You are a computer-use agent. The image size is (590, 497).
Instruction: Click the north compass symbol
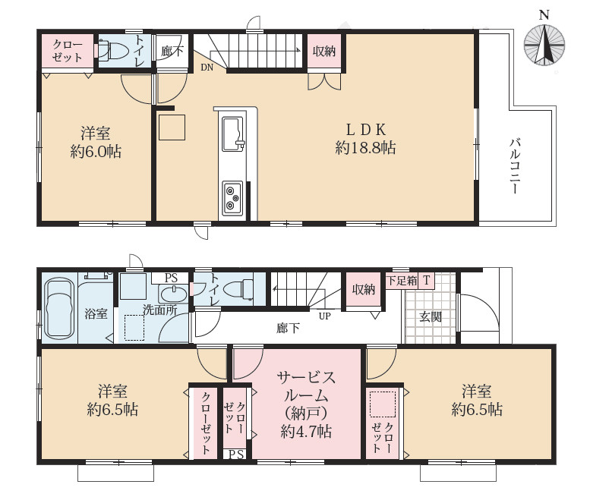tap(544, 44)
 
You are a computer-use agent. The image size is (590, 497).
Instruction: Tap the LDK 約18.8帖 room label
tap(365, 139)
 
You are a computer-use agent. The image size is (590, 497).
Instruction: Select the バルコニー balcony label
tap(515, 166)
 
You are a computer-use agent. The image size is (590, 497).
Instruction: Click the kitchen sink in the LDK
tap(232, 134)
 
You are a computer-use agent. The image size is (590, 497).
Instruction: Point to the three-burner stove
tap(232, 199)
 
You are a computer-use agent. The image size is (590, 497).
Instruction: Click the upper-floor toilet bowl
tap(115, 50)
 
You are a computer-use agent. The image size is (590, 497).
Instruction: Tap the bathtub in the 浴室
tap(59, 309)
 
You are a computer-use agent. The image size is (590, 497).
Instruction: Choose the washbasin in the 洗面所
tap(173, 293)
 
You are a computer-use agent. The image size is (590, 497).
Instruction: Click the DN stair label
tap(207, 68)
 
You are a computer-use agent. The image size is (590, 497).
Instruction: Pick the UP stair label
tap(325, 316)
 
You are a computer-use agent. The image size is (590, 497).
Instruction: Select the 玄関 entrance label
tap(431, 316)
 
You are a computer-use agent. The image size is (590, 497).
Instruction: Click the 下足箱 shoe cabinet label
tap(402, 281)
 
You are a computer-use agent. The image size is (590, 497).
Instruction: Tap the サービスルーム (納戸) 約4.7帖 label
tap(306, 404)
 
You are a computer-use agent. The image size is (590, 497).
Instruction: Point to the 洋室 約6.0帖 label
tap(96, 143)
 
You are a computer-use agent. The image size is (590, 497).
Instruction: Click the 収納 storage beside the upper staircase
tap(324, 52)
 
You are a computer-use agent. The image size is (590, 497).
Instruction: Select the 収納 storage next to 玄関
tap(364, 290)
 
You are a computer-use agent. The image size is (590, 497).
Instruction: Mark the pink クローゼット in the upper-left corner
tap(68, 51)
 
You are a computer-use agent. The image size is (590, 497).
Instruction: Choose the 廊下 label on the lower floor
tap(288, 329)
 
